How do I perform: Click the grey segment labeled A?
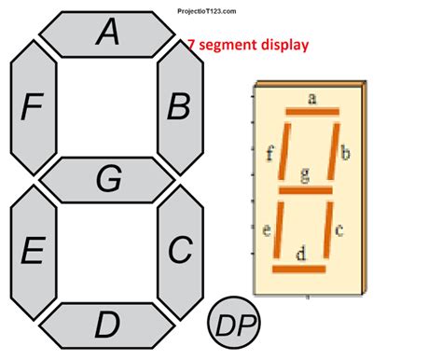(108, 34)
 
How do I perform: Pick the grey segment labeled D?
(108, 325)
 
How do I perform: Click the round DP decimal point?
(233, 324)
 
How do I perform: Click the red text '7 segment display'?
(247, 44)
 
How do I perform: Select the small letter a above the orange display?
(311, 96)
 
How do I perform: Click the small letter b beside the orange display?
(345, 154)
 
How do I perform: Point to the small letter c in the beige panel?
(339, 228)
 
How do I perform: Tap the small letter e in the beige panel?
(267, 230)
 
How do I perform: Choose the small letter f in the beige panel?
(269, 154)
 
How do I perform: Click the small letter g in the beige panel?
(305, 174)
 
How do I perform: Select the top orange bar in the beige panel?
(311, 112)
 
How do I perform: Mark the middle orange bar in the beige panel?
(305, 190)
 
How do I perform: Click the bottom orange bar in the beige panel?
(298, 269)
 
